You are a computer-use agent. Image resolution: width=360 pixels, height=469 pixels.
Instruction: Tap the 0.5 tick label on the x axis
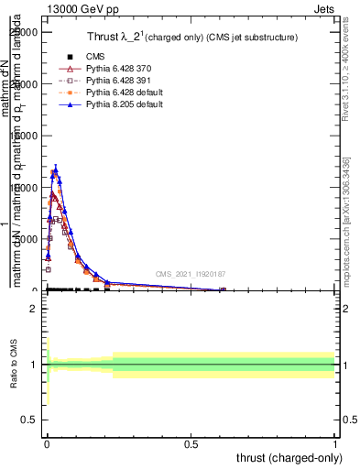click(191, 442)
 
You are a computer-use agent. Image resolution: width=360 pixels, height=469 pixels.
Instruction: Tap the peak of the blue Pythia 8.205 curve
click(55, 169)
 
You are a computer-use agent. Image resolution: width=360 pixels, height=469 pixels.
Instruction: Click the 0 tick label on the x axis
click(46, 442)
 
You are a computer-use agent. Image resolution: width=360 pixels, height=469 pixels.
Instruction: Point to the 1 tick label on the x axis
click(335, 442)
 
